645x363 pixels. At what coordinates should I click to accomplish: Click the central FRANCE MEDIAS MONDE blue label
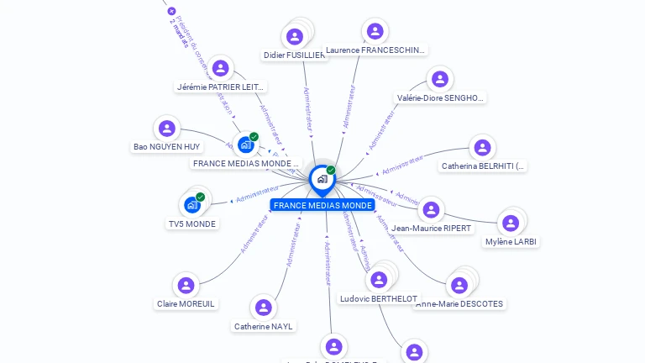coord(322,205)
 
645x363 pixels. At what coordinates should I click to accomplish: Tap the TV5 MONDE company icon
coord(192,204)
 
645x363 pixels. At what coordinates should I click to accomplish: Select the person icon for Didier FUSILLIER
coord(294,36)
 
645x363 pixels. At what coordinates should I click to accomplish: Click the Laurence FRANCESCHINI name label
coord(375,50)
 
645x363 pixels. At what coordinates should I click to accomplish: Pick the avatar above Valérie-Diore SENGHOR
coord(439,79)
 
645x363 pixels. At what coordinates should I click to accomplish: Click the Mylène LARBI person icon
coord(511,223)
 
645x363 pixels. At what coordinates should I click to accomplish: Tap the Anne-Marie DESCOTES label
coord(460,303)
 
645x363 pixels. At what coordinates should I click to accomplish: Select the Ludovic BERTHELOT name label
coord(379,298)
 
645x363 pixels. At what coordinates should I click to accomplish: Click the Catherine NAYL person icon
coord(265,308)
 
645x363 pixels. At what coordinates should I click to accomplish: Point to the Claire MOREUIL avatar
coord(186,286)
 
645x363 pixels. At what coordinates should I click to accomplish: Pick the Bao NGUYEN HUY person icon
coord(166,128)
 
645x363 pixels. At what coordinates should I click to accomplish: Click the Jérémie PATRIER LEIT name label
coord(221,87)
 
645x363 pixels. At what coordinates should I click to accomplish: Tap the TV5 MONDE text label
coord(191,224)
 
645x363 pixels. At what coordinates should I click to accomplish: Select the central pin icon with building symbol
coord(322,179)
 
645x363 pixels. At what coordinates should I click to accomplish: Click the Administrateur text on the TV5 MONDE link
coord(256,196)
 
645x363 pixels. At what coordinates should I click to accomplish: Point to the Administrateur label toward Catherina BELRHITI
coord(402,165)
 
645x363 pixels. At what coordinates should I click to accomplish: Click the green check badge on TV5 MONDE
coord(200,197)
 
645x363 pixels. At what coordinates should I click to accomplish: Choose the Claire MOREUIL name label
coord(186,303)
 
